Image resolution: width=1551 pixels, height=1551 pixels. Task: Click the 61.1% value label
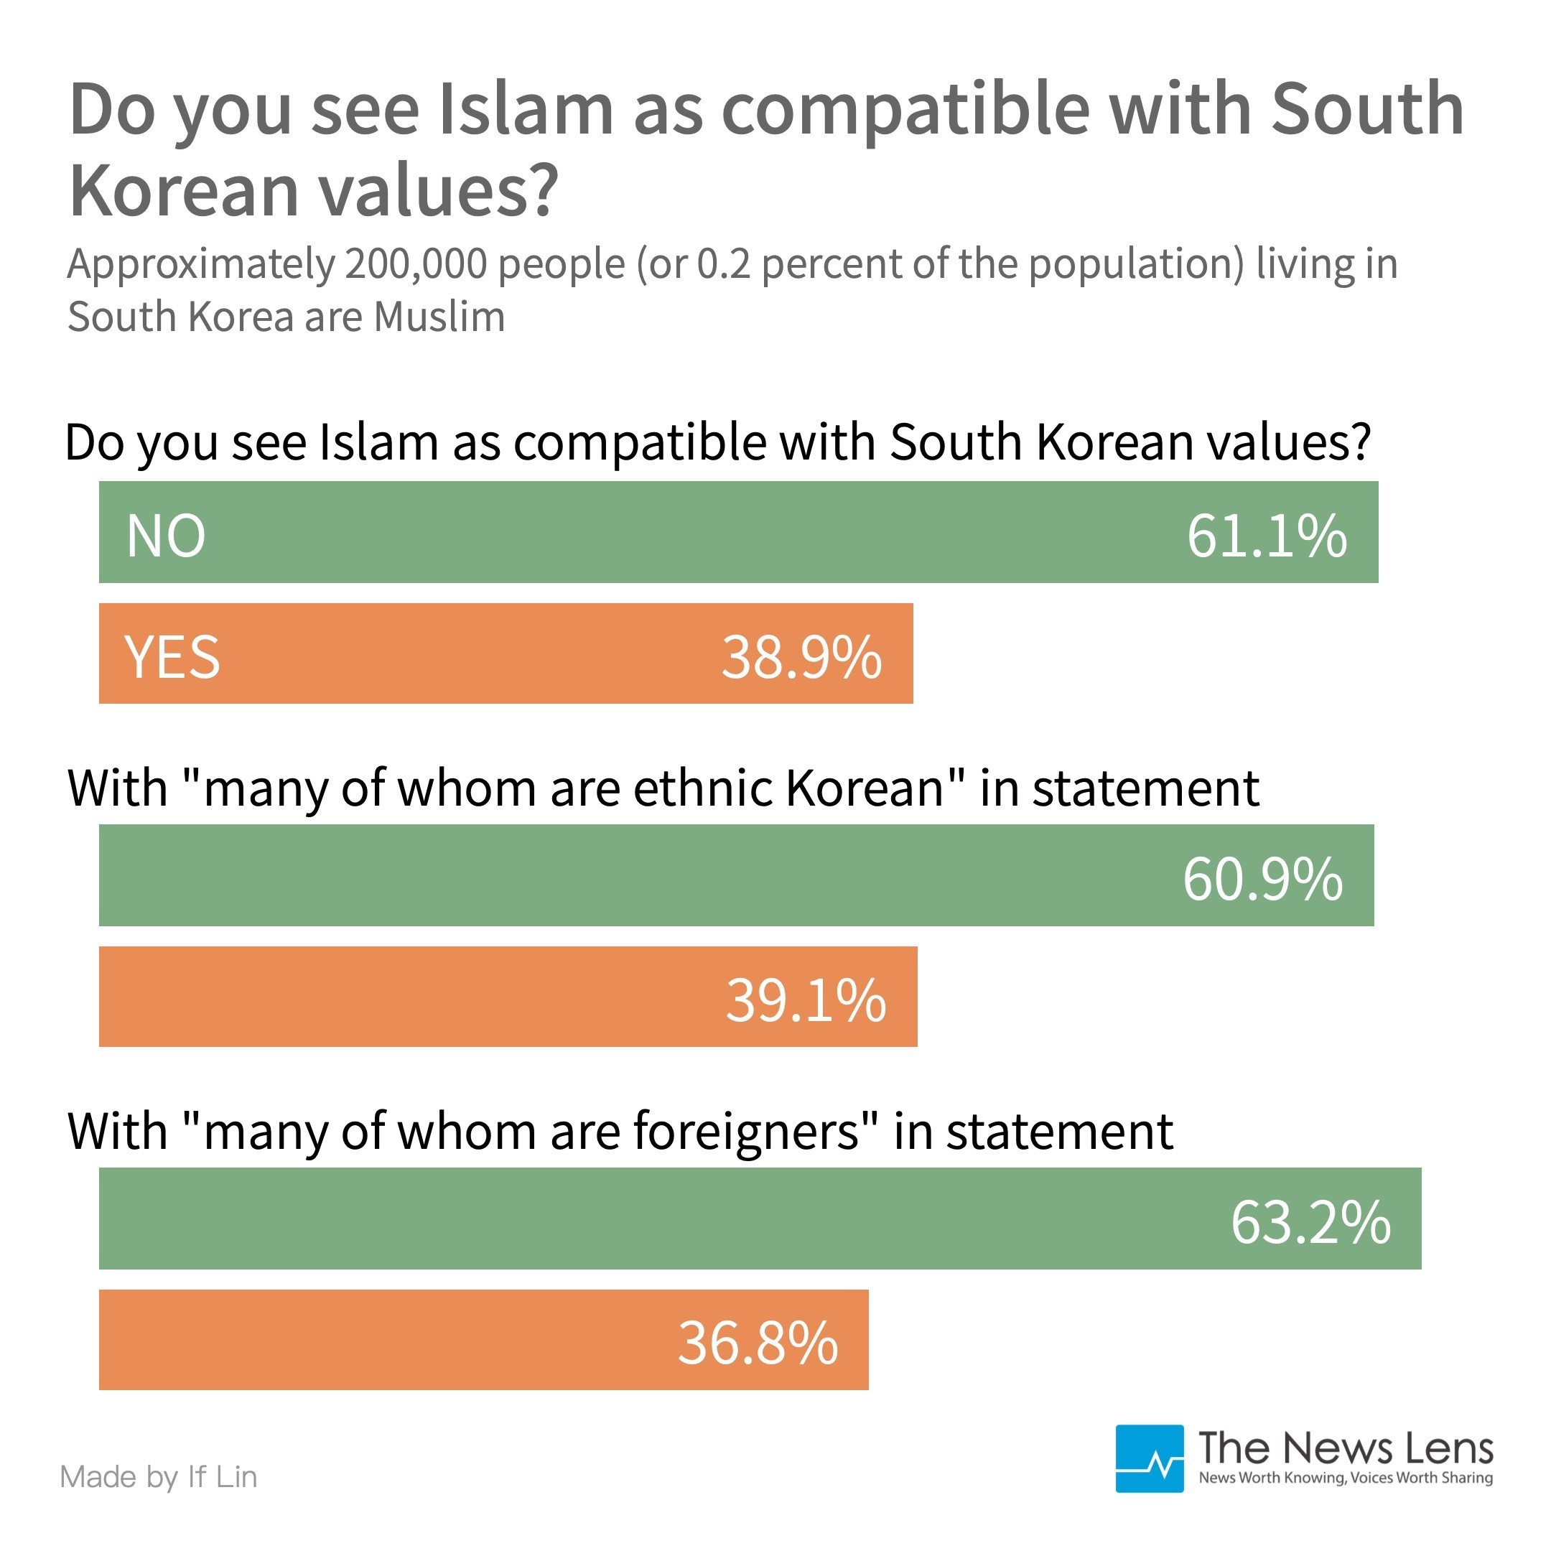[1266, 536]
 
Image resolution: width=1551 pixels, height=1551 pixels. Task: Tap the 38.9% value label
[801, 658]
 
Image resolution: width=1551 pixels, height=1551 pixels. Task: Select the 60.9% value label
[1262, 879]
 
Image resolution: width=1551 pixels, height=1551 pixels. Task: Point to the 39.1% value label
[805, 1000]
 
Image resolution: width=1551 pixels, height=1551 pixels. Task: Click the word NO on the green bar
[166, 536]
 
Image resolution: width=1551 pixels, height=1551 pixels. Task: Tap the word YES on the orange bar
[172, 658]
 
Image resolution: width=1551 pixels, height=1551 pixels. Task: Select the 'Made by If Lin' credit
[159, 1477]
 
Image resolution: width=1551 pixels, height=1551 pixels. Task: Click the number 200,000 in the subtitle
[416, 264]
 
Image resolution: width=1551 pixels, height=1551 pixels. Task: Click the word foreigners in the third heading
[755, 1131]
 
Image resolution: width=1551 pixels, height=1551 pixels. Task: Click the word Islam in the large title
[526, 109]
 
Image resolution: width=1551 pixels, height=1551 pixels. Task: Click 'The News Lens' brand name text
[1345, 1449]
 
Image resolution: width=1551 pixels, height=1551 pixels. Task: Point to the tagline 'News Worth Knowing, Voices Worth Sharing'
[1346, 1478]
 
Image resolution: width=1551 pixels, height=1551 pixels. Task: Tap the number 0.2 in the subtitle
[723, 264]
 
